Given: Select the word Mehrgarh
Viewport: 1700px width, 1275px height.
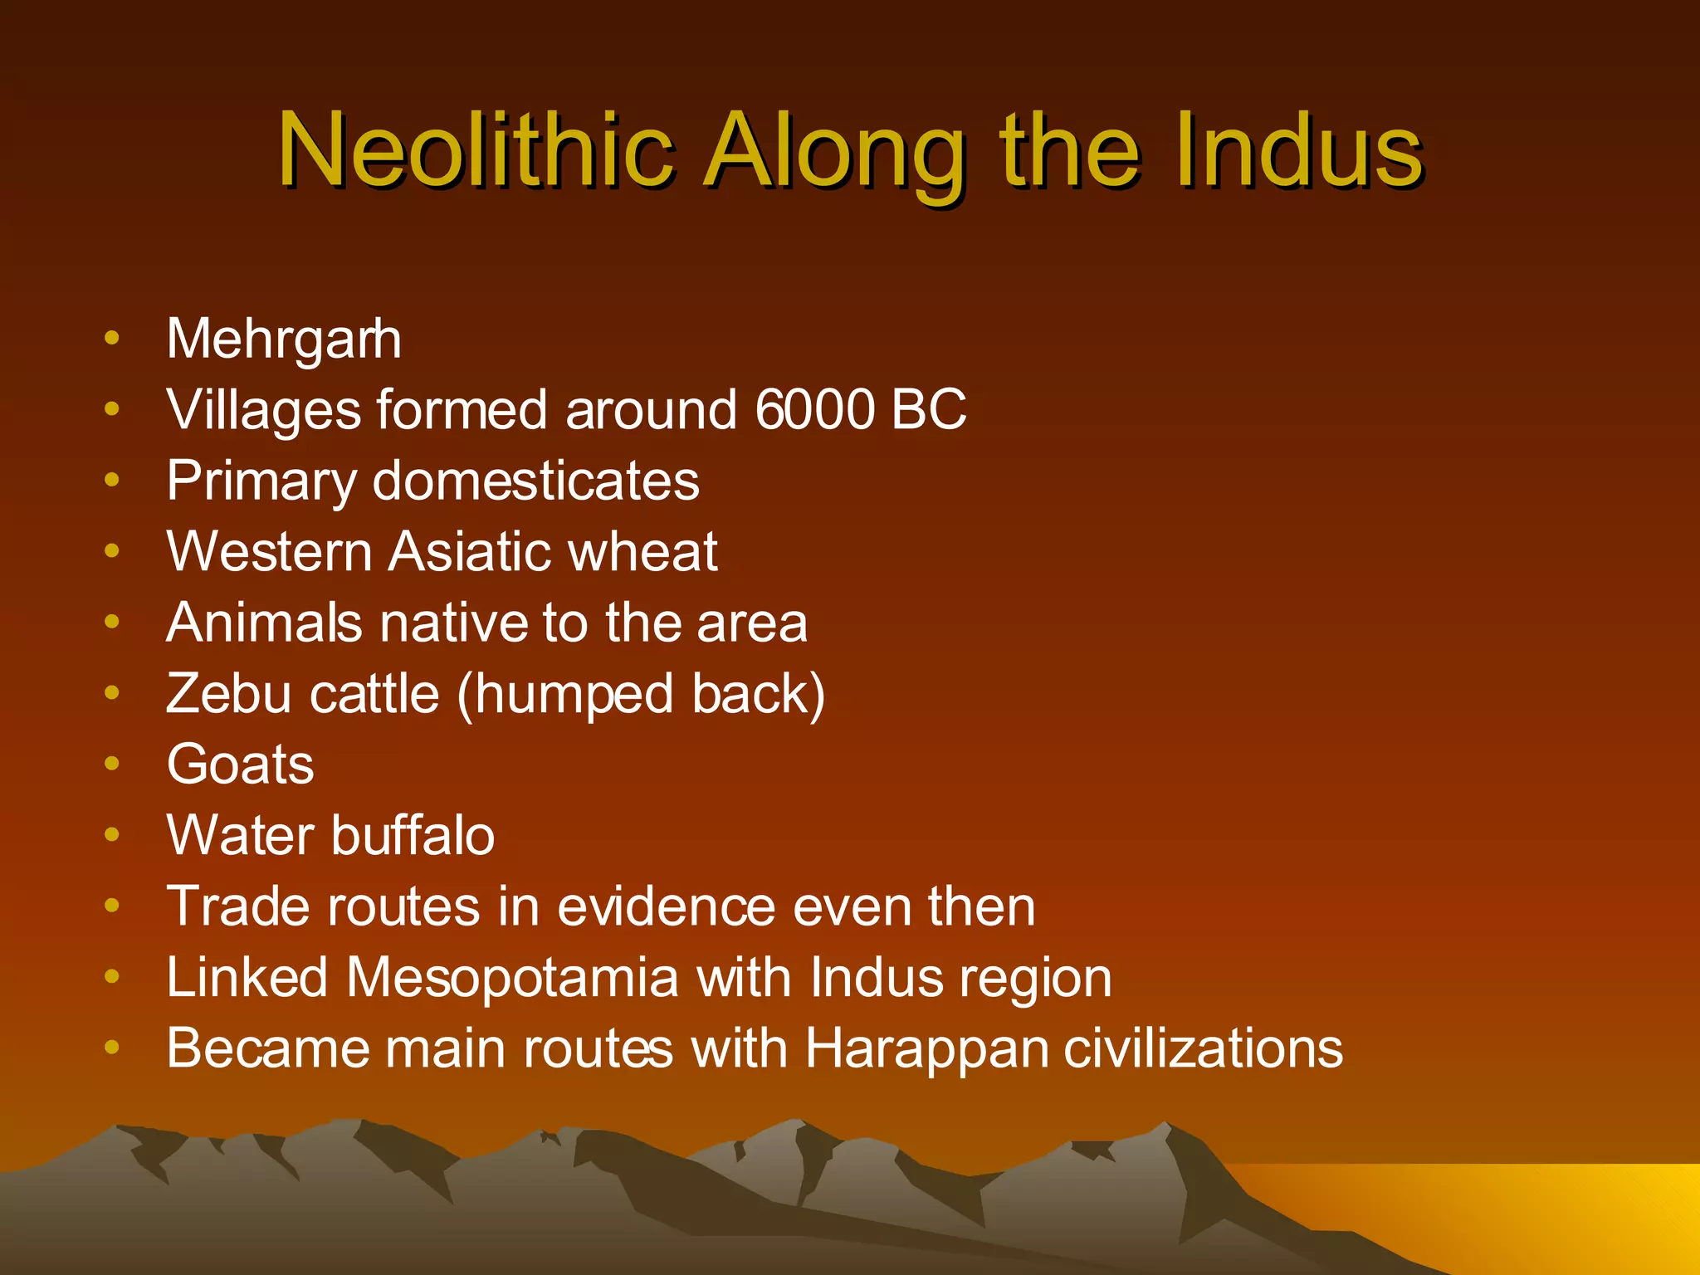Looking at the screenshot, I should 284,340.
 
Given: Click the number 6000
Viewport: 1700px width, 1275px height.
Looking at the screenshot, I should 815,409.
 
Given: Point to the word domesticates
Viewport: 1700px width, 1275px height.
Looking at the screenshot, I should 536,481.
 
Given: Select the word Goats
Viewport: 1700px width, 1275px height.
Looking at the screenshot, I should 241,765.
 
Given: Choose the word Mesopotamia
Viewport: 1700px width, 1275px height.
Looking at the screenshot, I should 512,978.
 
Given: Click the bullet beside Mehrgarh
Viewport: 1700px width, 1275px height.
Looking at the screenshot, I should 112,338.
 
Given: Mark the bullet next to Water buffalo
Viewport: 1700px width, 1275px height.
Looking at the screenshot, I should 112,834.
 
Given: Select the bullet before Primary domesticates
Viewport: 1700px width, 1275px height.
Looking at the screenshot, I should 112,479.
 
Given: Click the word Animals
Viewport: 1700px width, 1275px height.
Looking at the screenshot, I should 264,623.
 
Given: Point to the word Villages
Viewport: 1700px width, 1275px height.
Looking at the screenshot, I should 263,411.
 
